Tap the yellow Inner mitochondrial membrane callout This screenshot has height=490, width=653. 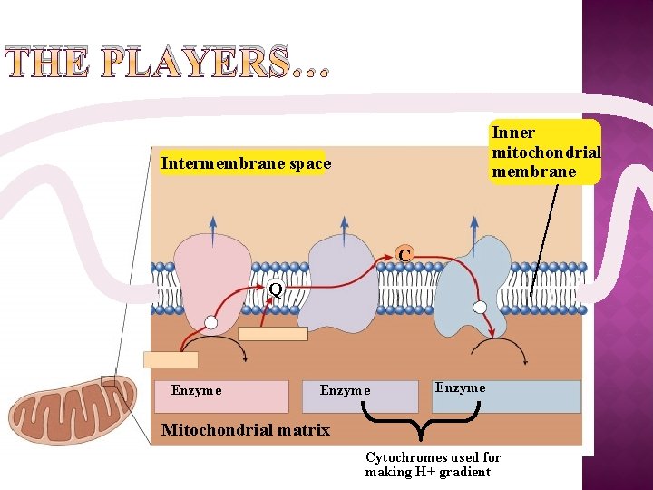[544, 152]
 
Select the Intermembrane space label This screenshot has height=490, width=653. [246, 164]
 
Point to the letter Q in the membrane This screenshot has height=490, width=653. [276, 289]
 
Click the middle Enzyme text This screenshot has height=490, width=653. [345, 390]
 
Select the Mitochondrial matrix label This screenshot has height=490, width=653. [245, 430]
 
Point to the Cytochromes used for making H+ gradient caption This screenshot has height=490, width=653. [433, 465]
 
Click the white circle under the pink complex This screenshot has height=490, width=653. [211, 322]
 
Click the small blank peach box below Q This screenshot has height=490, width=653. [272, 334]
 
